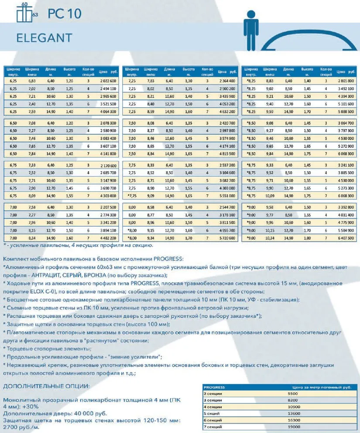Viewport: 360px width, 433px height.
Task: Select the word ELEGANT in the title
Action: (44, 38)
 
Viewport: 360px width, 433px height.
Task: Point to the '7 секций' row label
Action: (213, 426)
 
